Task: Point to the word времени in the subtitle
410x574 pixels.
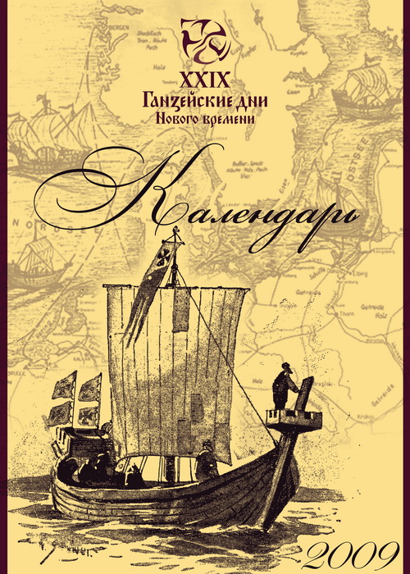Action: (x=225, y=119)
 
